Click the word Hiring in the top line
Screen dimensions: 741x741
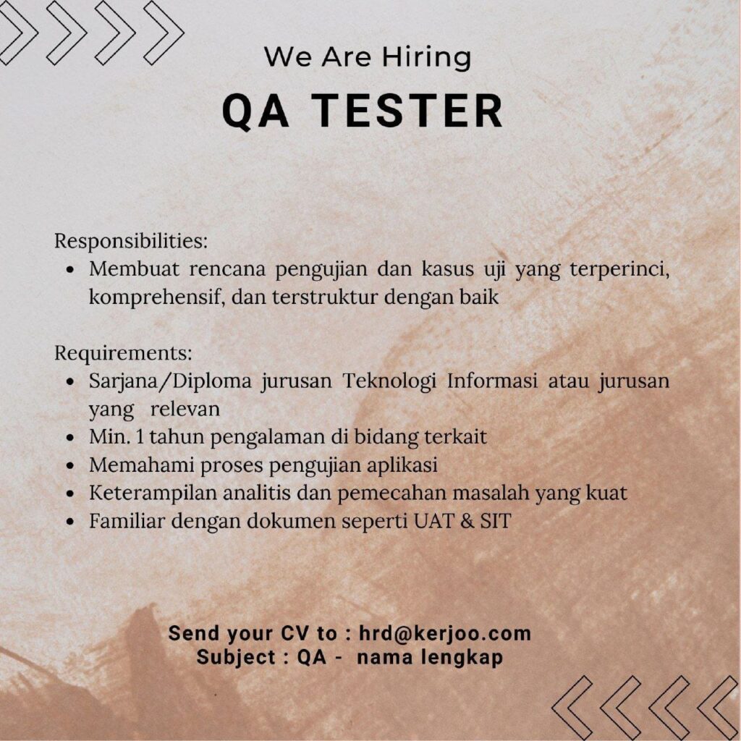tap(427, 58)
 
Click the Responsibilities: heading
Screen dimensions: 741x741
tap(131, 241)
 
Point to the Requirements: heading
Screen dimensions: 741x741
tap(123, 353)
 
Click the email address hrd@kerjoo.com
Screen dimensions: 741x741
tap(445, 633)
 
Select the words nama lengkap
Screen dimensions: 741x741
tap(430, 658)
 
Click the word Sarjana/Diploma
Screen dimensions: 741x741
tap(170, 381)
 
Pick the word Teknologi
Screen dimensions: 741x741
tap(389, 381)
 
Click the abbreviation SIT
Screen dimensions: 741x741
tap(496, 521)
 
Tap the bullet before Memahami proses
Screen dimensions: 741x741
tap(70, 466)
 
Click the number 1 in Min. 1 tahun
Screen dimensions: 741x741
tap(140, 437)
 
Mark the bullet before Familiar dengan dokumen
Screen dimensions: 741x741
tap(70, 522)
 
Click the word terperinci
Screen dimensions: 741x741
tap(619, 270)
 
